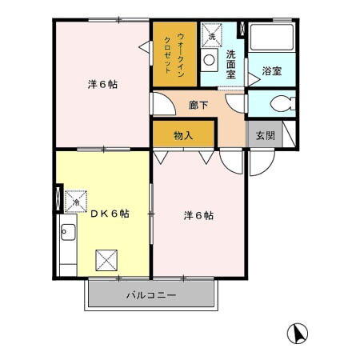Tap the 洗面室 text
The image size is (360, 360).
(x=230, y=63)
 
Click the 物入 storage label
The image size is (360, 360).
(x=183, y=135)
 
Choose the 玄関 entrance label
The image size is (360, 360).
(x=265, y=135)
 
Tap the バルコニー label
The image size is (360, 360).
(x=150, y=295)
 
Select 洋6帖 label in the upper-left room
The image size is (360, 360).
(x=102, y=84)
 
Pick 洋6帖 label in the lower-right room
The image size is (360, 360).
(x=198, y=214)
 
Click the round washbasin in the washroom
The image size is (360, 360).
(x=209, y=61)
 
